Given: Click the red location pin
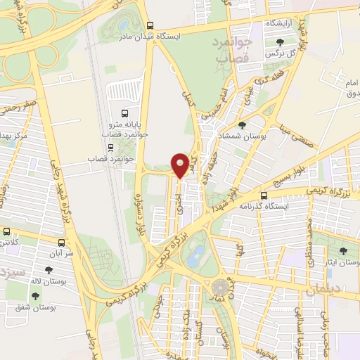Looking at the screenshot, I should (181, 164).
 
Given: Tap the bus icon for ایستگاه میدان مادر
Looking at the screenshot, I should (149, 25).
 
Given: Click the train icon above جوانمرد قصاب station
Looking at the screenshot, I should (110, 148).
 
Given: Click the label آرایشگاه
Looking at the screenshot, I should (279, 24).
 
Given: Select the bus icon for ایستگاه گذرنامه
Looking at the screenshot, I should (264, 196).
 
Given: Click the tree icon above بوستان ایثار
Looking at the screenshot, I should (343, 251).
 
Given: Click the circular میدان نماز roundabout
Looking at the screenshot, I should (221, 286).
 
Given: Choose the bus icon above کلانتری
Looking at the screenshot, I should (7, 231).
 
